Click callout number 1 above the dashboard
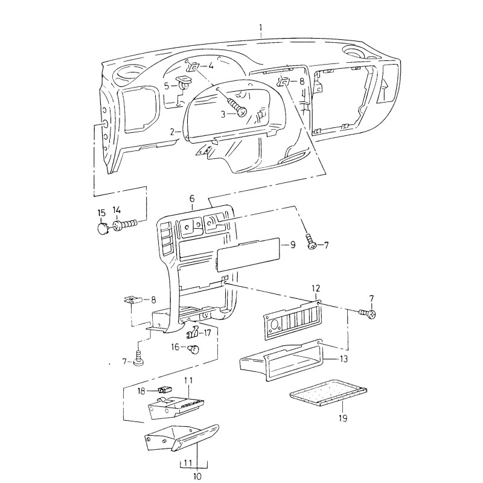coord(261,27)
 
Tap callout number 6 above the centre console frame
coord(192,199)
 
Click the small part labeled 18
coord(162,390)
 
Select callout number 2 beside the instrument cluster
coord(172,132)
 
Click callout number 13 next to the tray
coord(344,359)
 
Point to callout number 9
coord(292,245)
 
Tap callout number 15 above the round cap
coord(101,212)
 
